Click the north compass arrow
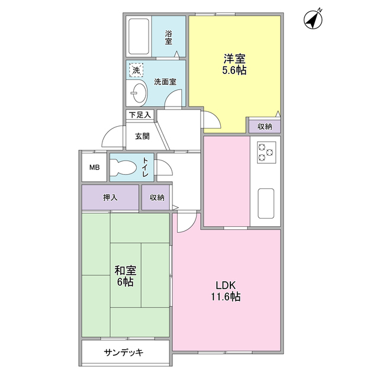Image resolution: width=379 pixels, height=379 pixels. click(313, 19)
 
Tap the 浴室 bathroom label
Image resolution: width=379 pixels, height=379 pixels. click(169, 37)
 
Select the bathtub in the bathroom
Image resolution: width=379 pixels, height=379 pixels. click(139, 37)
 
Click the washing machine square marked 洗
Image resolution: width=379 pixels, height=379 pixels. click(136, 70)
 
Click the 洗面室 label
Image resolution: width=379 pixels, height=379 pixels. click(165, 82)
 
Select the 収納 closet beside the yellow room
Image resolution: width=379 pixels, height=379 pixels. click(264, 126)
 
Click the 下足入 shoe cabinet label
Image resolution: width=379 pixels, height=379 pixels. click(140, 114)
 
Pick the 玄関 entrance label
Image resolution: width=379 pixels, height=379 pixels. click(142, 136)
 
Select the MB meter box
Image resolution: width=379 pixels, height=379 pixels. click(94, 168)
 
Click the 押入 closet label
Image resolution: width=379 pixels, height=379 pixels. click(110, 197)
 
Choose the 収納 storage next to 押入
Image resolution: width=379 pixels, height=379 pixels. click(156, 197)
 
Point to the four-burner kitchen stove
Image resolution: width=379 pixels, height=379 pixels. click(265, 151)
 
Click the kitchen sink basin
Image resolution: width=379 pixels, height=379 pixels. click(265, 203)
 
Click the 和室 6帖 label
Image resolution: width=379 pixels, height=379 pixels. click(125, 277)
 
